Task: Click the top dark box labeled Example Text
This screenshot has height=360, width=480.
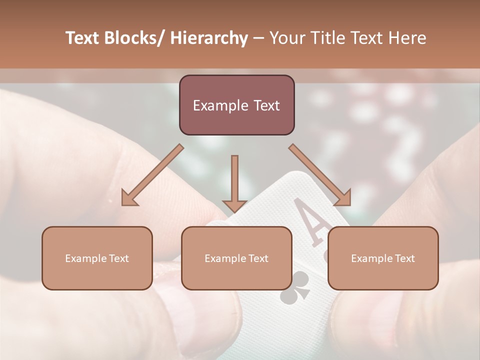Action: click(236, 105)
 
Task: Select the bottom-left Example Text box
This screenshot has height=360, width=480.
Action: click(97, 258)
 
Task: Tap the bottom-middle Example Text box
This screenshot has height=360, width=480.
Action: click(236, 258)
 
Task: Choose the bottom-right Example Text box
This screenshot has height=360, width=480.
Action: click(383, 258)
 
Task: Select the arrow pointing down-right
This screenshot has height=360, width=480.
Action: click(320, 175)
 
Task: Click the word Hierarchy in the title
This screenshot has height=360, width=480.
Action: click(209, 38)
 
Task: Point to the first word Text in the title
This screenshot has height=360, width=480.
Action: click(83, 38)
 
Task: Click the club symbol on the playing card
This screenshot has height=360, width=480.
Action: click(295, 288)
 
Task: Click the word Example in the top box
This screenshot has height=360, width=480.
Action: click(215, 105)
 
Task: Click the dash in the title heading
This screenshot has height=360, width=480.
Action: click(258, 38)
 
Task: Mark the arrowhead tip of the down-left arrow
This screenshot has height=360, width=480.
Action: click(123, 204)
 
